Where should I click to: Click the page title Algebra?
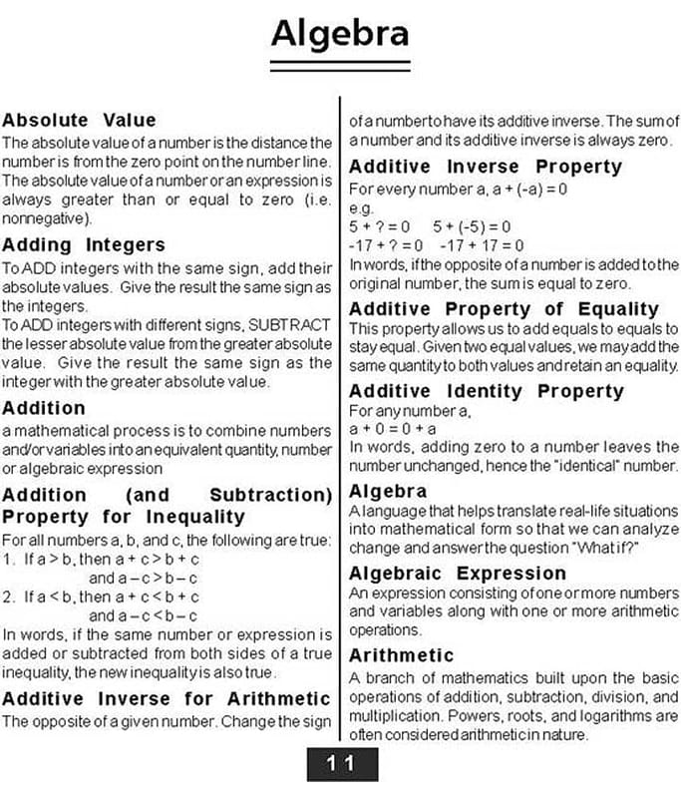[x=340, y=33]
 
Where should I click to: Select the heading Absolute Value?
[x=79, y=120]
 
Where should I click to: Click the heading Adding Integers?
[x=84, y=244]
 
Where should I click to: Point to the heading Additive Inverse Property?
[x=486, y=167]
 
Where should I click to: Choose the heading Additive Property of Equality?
[x=504, y=309]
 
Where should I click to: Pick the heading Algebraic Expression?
[x=458, y=574]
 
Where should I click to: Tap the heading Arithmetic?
[x=402, y=655]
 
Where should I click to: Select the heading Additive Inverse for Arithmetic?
[x=166, y=698]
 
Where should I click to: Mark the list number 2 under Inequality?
[x=8, y=597]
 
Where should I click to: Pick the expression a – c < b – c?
[x=143, y=615]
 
